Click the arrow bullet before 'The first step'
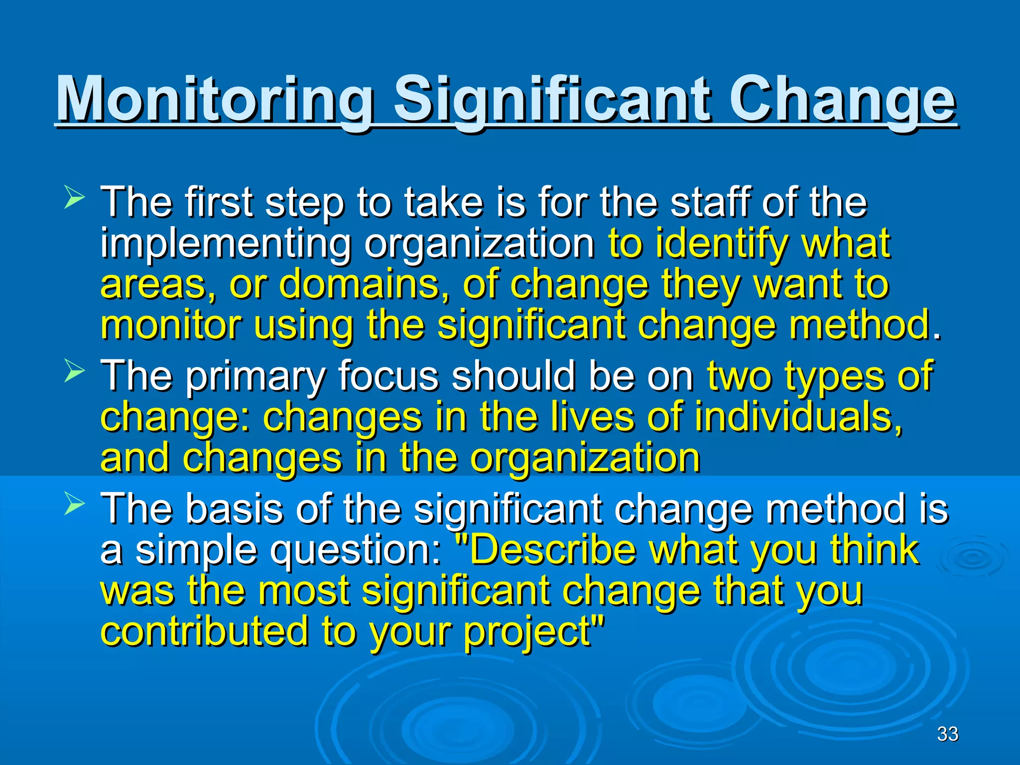tap(75, 197)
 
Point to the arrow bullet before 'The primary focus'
tap(75, 372)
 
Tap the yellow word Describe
tap(553, 550)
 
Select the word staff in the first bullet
tap(709, 202)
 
